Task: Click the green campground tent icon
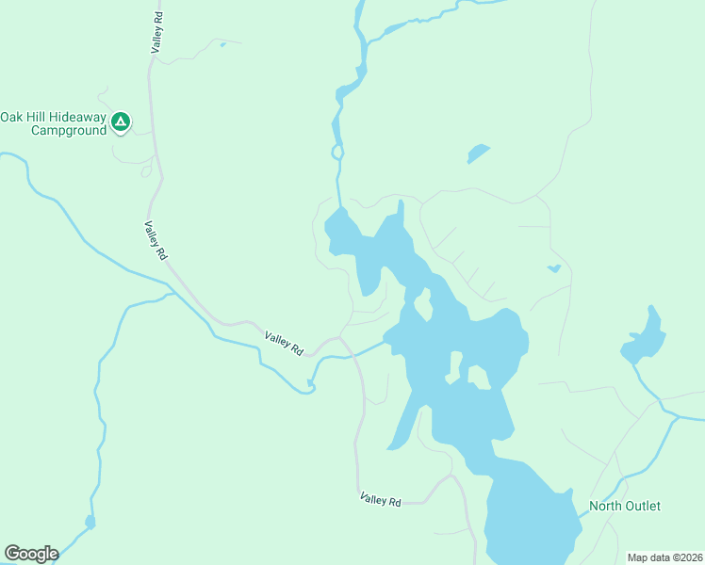click(120, 121)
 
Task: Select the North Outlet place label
click(624, 506)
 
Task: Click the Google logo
click(31, 554)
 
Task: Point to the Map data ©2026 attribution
click(664, 557)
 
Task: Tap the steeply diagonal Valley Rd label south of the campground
click(156, 240)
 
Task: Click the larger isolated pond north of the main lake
click(478, 153)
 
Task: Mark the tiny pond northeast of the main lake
click(554, 268)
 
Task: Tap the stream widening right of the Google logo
click(90, 521)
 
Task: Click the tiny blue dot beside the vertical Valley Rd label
click(222, 43)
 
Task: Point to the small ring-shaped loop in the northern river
click(336, 152)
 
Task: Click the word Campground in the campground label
click(69, 131)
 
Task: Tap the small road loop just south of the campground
click(146, 171)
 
